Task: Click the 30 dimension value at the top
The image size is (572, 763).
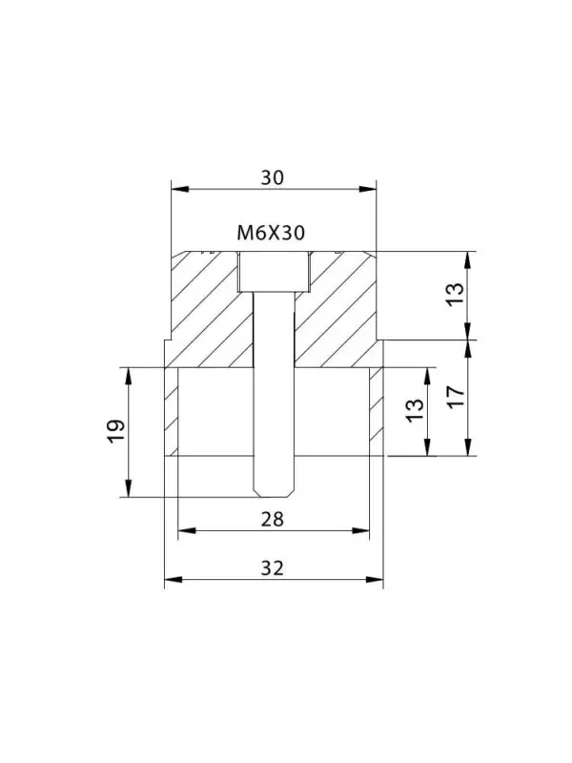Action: (272, 178)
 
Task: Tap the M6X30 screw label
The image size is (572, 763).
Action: (271, 234)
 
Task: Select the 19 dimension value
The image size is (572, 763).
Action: (116, 431)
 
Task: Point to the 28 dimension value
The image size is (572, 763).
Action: (272, 520)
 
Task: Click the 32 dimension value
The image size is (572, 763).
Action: (272, 567)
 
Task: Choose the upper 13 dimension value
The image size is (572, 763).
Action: (456, 295)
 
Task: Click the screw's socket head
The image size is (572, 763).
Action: (275, 272)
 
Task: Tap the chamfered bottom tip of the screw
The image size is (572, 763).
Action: (275, 492)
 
